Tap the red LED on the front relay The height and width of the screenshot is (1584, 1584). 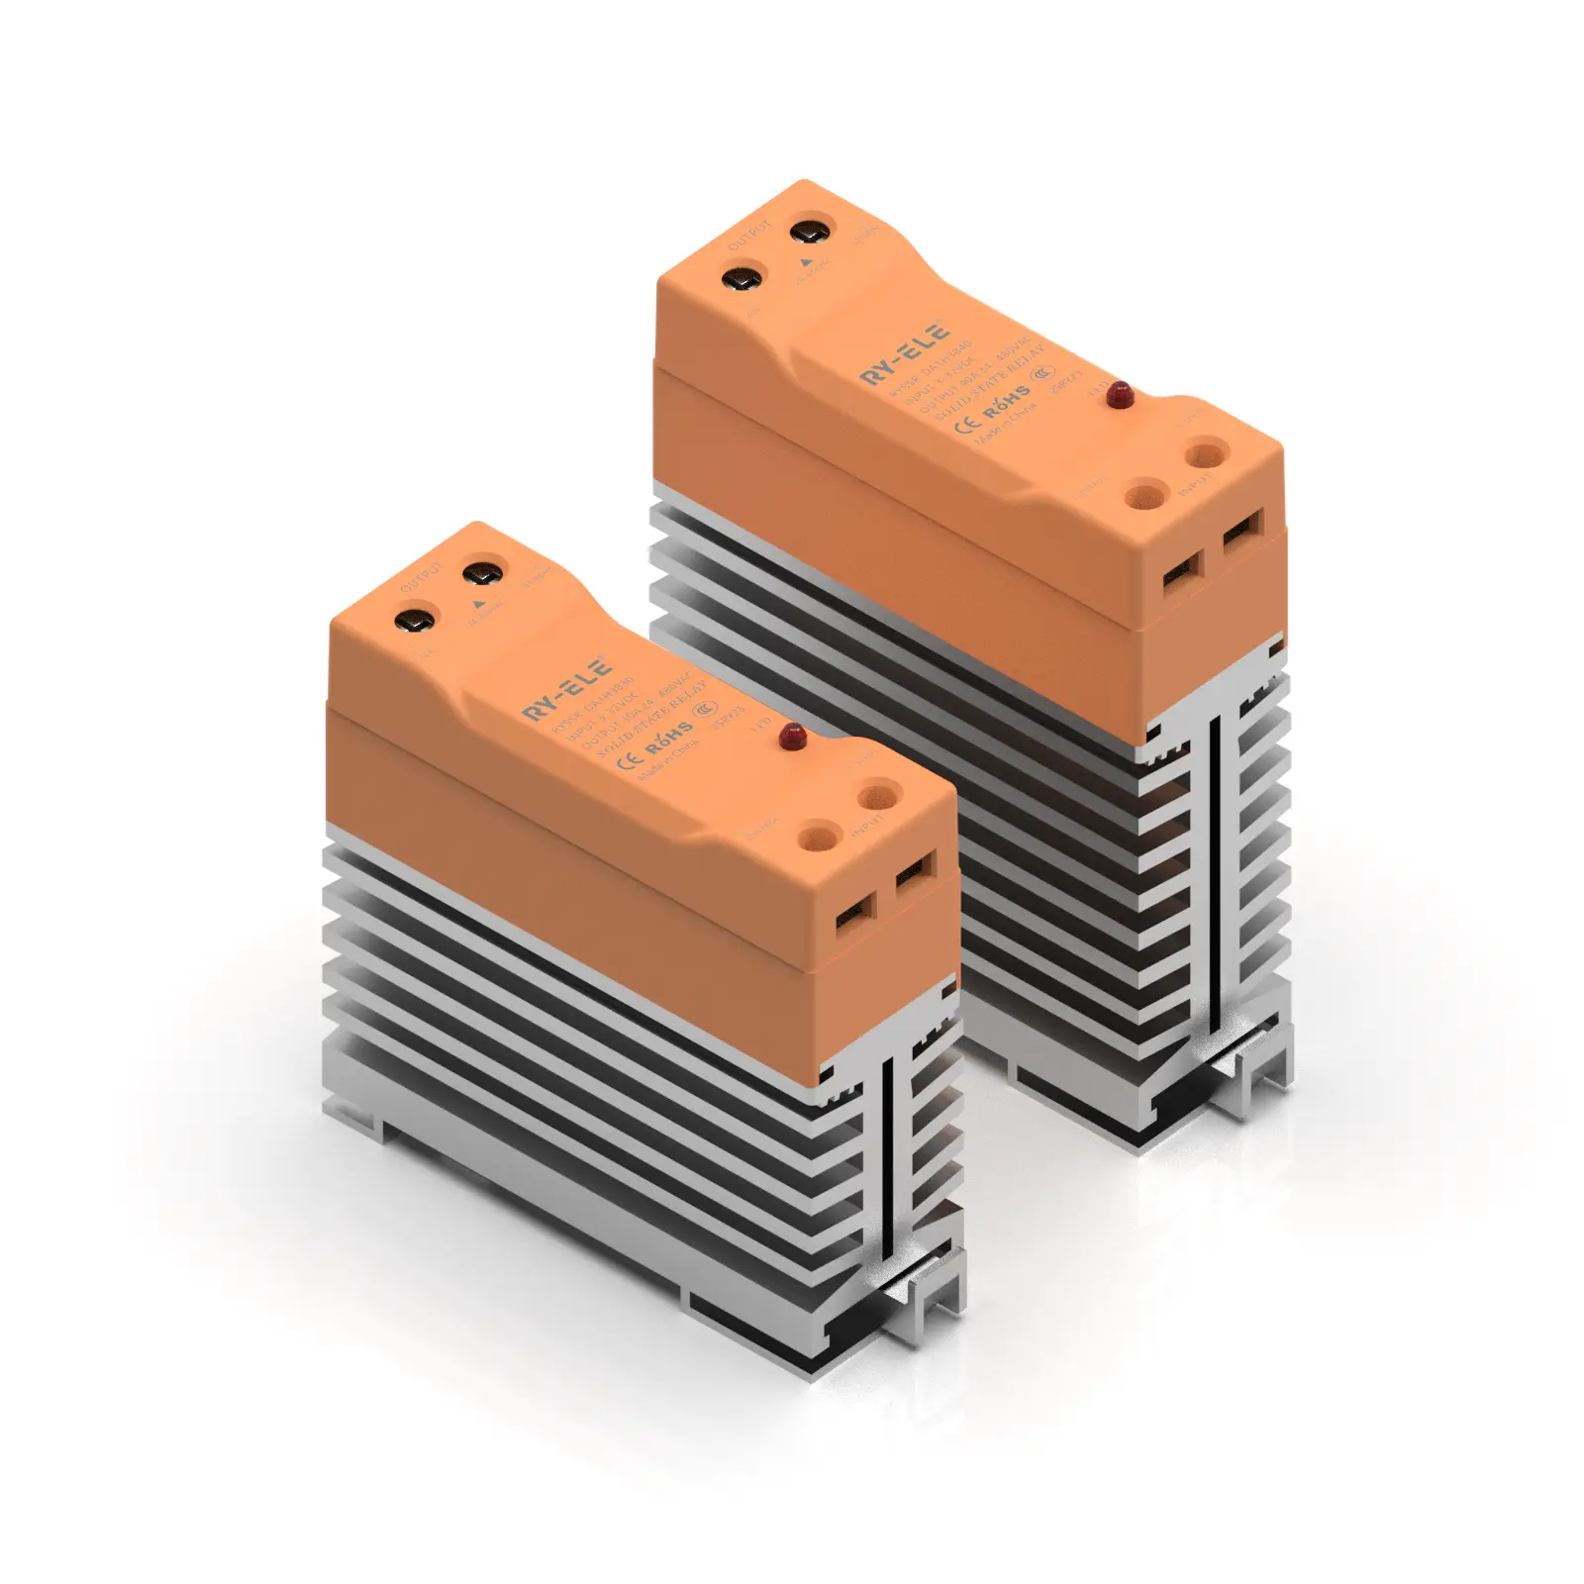coord(792,735)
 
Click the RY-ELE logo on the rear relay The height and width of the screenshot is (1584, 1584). coord(904,353)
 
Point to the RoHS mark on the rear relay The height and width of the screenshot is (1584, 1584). coord(1006,403)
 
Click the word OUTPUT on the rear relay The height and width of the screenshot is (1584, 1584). coord(748,238)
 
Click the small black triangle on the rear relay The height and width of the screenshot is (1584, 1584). coord(805,263)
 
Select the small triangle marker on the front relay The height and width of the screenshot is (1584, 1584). coord(479,603)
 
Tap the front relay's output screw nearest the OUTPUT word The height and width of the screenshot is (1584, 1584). coord(414,622)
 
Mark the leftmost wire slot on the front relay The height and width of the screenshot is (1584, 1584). coord(855,912)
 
